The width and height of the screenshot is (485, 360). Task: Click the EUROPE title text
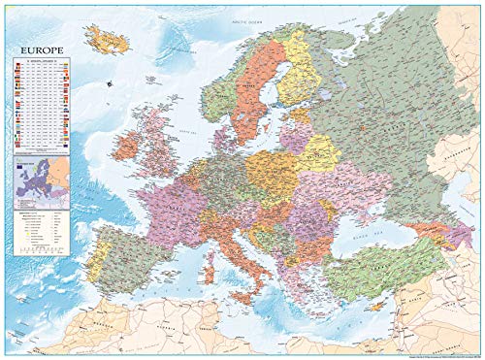pyautogui.click(x=37, y=45)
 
